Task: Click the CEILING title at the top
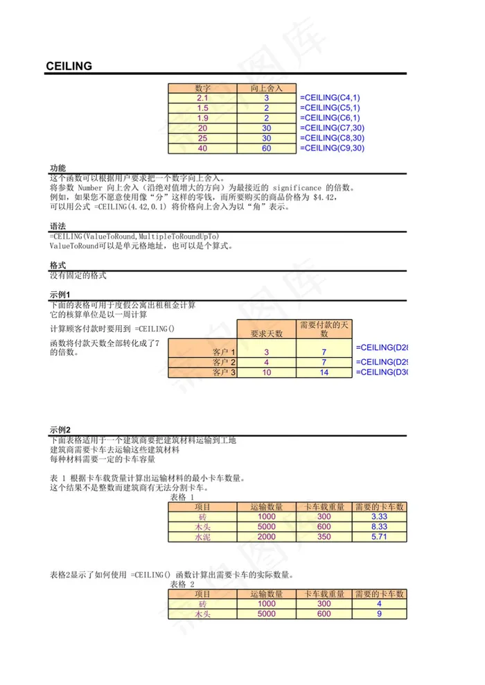[x=69, y=66]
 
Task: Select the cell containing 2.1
[x=202, y=98]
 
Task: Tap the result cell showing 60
[x=267, y=148]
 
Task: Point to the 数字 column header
[x=202, y=89]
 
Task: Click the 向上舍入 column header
[x=267, y=89]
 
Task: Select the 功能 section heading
[x=58, y=168]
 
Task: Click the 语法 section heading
[x=58, y=227]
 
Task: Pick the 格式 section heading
[x=58, y=266]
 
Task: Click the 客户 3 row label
[x=224, y=372]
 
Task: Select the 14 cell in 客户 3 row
[x=324, y=372]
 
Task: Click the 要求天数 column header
[x=267, y=333]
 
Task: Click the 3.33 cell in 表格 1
[x=379, y=517]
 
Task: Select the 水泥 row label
[x=202, y=537]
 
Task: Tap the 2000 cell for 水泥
[x=267, y=537]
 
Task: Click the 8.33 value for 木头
[x=379, y=527]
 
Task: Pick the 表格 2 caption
[x=182, y=584]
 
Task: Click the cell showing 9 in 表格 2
[x=379, y=614]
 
